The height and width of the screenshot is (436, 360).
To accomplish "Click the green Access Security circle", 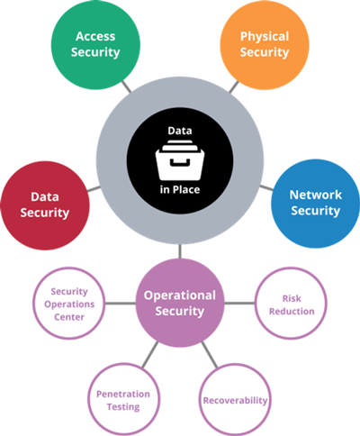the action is (x=95, y=44).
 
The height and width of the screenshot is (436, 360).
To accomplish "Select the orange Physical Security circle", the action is (x=265, y=44).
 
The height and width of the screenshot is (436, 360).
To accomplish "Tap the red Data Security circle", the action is (x=45, y=205).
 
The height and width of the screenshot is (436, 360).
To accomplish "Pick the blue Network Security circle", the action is (x=315, y=204).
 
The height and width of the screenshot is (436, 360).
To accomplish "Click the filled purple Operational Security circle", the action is (x=180, y=303).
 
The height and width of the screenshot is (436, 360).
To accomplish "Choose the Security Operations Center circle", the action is (x=69, y=304).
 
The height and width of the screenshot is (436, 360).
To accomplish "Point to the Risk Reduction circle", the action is (x=291, y=304).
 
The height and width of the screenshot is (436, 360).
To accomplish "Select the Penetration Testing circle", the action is (x=123, y=399).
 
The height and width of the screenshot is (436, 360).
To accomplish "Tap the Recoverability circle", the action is (x=235, y=399).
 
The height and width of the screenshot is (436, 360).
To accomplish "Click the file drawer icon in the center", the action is (x=180, y=160).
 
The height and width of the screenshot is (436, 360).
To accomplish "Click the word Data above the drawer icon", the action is (x=180, y=131).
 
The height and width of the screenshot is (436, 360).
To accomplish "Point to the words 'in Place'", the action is (x=180, y=189).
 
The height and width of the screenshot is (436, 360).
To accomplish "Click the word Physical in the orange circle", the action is (x=265, y=37).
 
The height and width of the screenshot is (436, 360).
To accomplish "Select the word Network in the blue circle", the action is (x=316, y=195).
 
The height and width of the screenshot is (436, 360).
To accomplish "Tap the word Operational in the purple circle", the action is (x=180, y=295).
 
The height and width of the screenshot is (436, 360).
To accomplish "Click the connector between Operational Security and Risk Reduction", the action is (x=239, y=304).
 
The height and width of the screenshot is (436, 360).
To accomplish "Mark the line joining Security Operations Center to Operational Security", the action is (x=121, y=304).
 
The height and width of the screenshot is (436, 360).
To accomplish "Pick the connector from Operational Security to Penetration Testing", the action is (x=150, y=355).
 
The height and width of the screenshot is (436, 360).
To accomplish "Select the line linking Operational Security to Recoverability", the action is (x=210, y=355).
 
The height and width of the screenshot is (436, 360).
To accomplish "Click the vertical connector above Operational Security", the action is (x=180, y=251).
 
